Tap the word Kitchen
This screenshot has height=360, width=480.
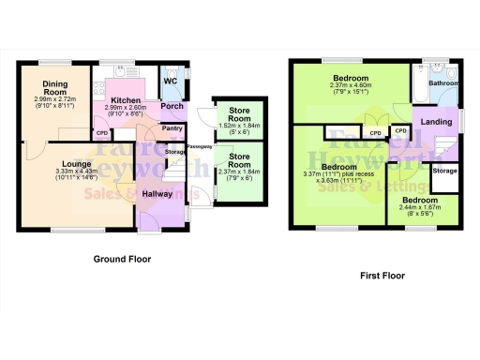126,100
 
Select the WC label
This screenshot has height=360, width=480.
171,82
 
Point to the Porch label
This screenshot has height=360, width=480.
172,106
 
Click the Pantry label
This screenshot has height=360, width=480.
172,128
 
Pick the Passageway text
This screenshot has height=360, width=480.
198,147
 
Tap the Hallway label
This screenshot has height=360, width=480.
157,193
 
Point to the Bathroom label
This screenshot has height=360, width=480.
443,83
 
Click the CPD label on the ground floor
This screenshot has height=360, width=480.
102,132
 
